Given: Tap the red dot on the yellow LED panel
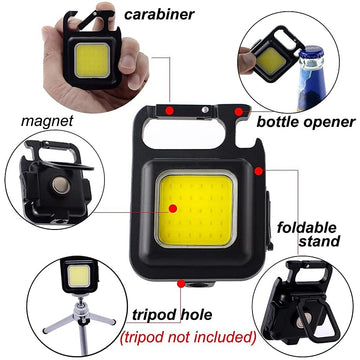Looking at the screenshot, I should [x=174, y=207].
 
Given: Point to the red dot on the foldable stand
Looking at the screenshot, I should [x=258, y=171].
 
